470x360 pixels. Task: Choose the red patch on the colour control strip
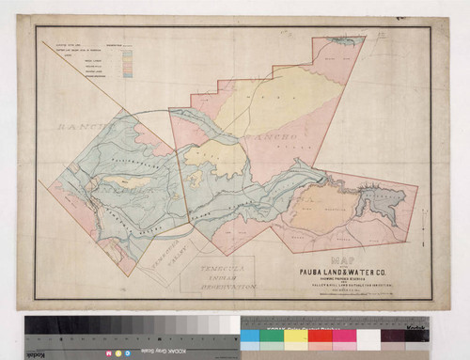tap(321, 336)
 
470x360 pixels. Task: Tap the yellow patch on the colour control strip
tap(297, 336)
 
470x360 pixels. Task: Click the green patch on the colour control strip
tap(274, 336)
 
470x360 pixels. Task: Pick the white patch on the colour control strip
tap(368, 336)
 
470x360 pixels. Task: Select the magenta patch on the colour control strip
tap(344, 336)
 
